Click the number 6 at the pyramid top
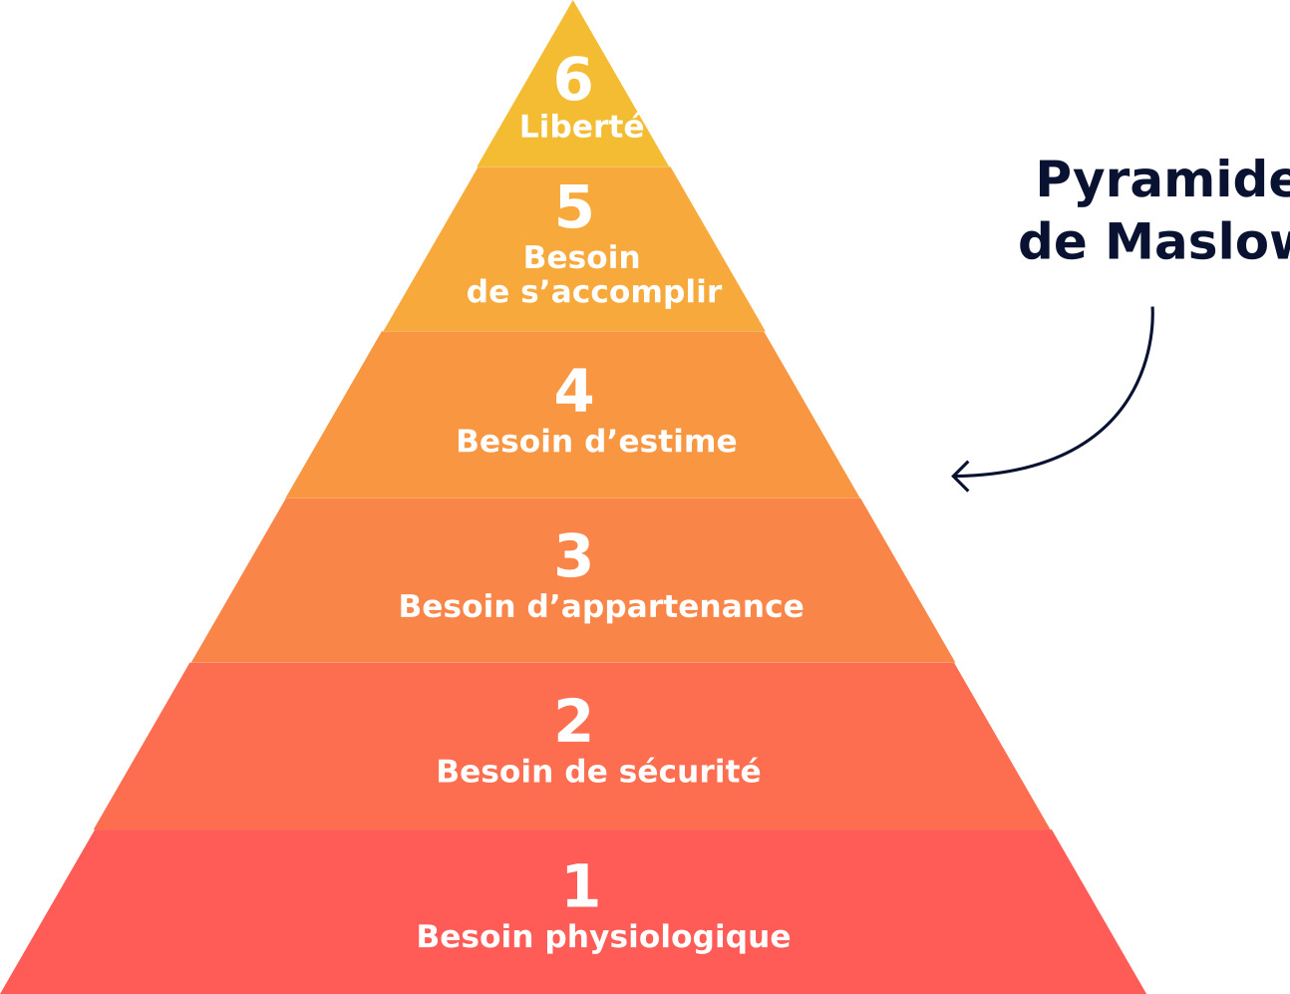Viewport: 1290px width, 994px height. click(x=573, y=81)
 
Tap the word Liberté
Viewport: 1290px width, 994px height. click(x=581, y=128)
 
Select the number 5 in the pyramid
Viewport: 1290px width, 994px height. click(x=574, y=208)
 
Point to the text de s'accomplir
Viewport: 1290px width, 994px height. click(x=594, y=292)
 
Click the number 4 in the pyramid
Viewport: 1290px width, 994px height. click(x=574, y=392)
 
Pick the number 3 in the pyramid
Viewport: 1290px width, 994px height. click(x=574, y=557)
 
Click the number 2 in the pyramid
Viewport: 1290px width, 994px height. click(x=574, y=723)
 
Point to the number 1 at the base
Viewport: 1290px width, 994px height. click(x=581, y=887)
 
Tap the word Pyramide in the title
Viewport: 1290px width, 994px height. click(x=1162, y=180)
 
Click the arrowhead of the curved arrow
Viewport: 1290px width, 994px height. click(x=956, y=477)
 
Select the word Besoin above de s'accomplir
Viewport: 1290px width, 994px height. click(x=581, y=258)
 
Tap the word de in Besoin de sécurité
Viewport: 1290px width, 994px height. click(x=587, y=773)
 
